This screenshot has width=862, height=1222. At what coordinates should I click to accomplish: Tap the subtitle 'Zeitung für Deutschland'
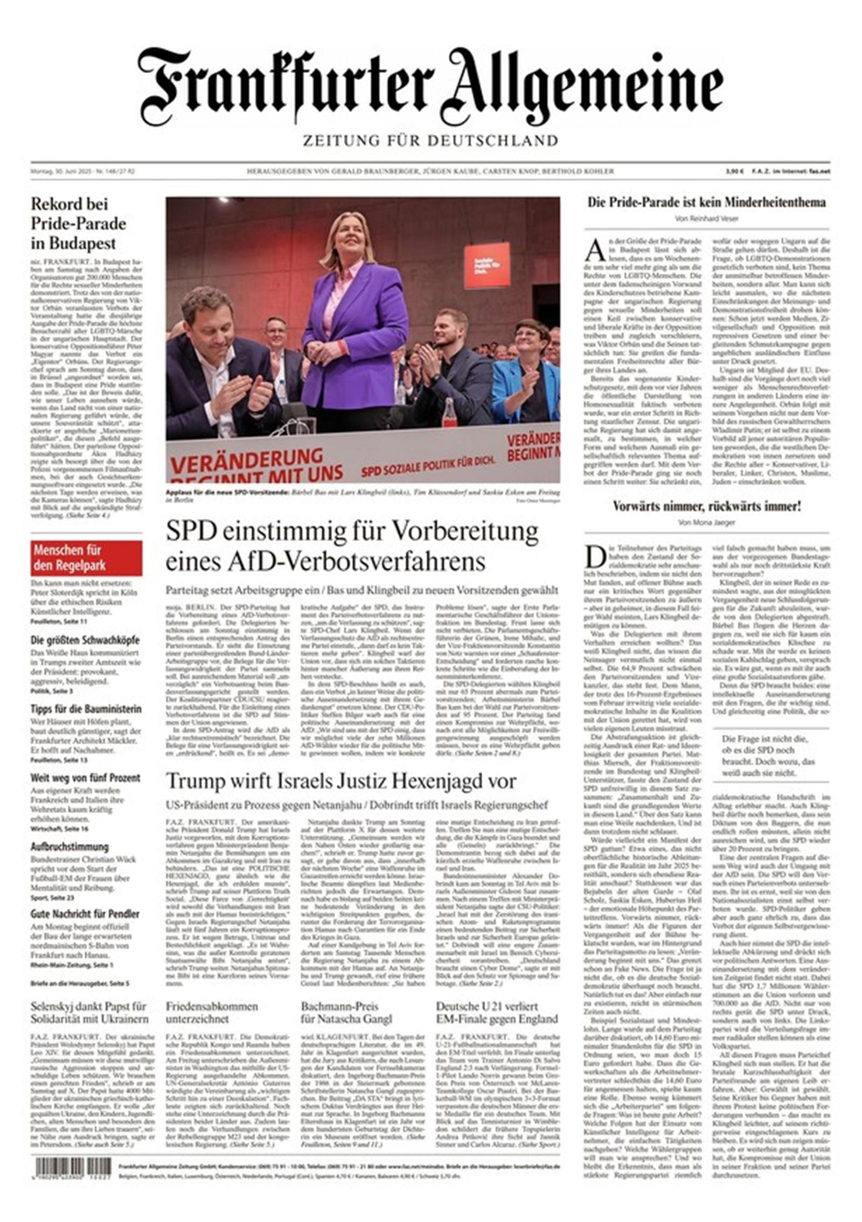430,141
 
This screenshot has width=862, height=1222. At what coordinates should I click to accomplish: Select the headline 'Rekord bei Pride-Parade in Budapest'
79,224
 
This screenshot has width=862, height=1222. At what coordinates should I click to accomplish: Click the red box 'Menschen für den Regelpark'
86,558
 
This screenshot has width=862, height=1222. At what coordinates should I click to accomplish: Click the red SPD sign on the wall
486,265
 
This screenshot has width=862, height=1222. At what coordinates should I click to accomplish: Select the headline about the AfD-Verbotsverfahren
352,546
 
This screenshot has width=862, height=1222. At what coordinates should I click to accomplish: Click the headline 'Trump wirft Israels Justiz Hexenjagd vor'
340,780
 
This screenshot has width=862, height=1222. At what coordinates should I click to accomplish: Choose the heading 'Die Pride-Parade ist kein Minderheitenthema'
706,202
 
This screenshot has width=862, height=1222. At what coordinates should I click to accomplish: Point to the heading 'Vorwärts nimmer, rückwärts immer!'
706,506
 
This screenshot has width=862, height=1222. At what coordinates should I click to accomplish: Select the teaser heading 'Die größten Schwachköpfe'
85,640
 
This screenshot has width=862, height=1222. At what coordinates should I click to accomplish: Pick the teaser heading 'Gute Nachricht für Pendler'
85,914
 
